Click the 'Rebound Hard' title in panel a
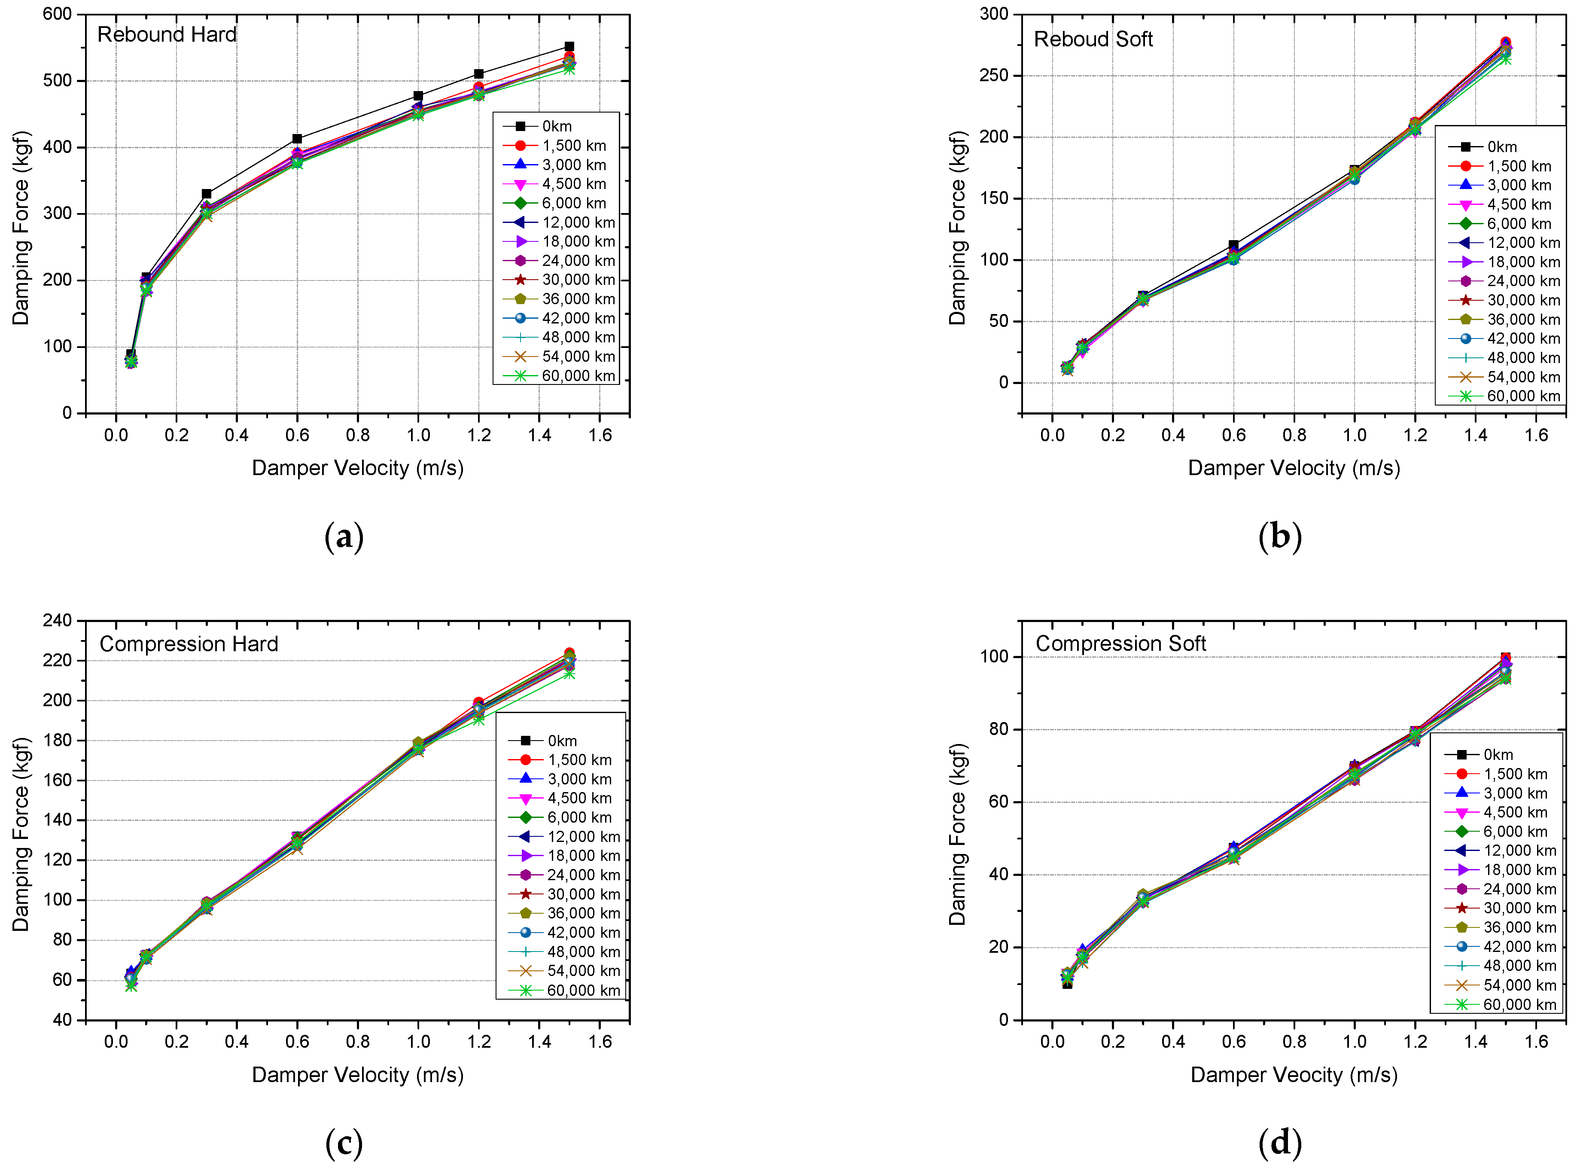[167, 35]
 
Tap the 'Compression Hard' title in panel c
[189, 643]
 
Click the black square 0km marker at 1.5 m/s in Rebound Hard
[569, 47]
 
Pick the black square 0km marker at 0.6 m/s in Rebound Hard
[297, 139]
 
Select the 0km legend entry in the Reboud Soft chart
[1501, 147]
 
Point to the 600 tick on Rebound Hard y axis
[57, 14]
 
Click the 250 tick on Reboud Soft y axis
[993, 76]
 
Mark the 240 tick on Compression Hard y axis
[57, 620]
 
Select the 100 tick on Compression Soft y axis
[993, 656]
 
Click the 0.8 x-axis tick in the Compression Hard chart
[358, 1041]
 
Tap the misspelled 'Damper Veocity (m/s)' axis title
[1293, 1075]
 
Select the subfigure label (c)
[344, 1143]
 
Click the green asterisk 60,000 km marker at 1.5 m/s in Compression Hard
[569, 674]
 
